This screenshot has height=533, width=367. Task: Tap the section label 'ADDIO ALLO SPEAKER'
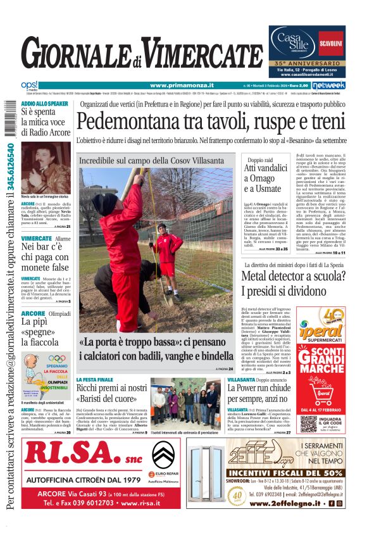[x=45, y=103]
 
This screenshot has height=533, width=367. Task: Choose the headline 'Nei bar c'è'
[x=42, y=247]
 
